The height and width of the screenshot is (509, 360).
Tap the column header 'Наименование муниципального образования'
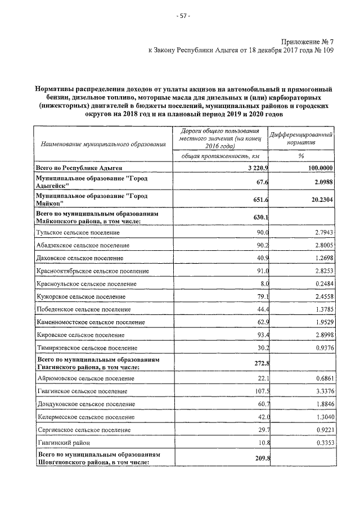click(x=103, y=145)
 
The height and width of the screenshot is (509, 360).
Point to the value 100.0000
click(x=317, y=168)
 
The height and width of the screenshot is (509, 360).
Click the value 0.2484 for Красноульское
click(x=319, y=283)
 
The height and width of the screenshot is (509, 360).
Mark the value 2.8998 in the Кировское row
click(x=319, y=335)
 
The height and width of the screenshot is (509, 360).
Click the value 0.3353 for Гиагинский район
click(x=319, y=442)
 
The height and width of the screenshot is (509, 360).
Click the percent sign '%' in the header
click(x=301, y=156)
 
